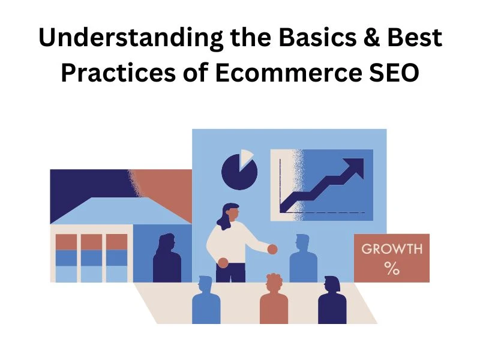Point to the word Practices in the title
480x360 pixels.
click(122, 73)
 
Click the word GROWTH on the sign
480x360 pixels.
click(392, 249)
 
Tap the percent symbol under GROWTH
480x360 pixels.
click(392, 268)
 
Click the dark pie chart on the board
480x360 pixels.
click(238, 173)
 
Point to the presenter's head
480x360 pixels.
click(232, 213)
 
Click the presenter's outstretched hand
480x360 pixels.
click(273, 249)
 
